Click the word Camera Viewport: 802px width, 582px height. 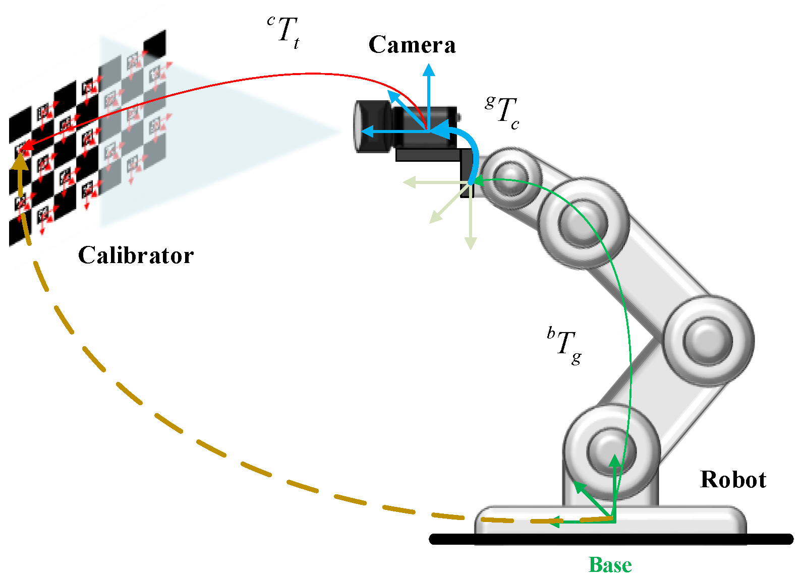click(x=412, y=45)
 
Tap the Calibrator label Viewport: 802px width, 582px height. click(x=136, y=255)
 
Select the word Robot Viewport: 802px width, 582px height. click(x=733, y=480)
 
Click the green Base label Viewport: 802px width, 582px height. click(x=610, y=565)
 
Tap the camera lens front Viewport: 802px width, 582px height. click(x=359, y=126)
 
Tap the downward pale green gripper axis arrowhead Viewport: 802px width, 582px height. click(x=471, y=243)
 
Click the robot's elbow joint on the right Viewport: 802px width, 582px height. click(x=707, y=340)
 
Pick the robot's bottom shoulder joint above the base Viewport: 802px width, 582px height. click(x=611, y=451)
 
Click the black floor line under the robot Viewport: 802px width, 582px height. click(x=610, y=540)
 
